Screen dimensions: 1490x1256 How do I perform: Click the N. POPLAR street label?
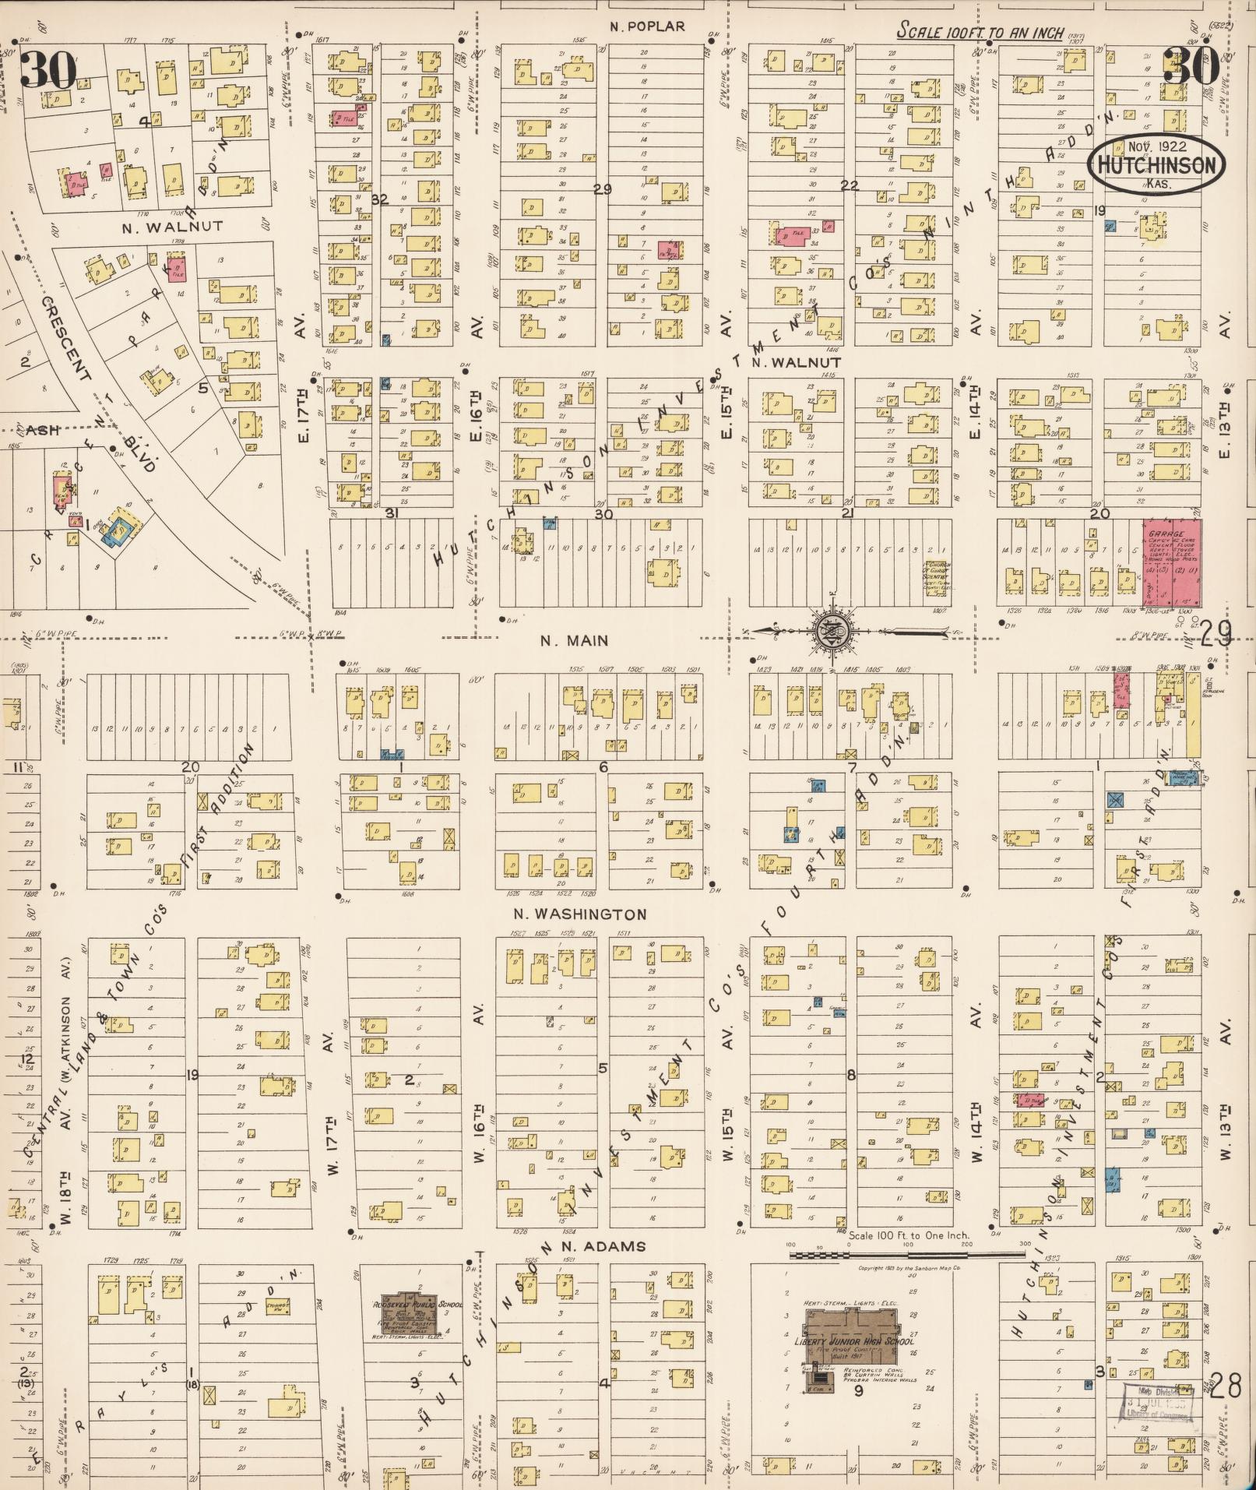(x=647, y=26)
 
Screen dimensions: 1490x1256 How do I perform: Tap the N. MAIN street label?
(x=575, y=641)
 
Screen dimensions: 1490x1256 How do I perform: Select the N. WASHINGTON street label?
(x=579, y=914)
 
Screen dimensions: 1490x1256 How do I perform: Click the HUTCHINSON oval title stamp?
(x=1156, y=165)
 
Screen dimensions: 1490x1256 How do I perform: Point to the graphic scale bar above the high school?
(x=906, y=1255)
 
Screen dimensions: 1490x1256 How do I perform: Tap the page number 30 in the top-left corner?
(x=48, y=70)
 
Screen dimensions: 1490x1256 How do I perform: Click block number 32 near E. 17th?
(x=379, y=199)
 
